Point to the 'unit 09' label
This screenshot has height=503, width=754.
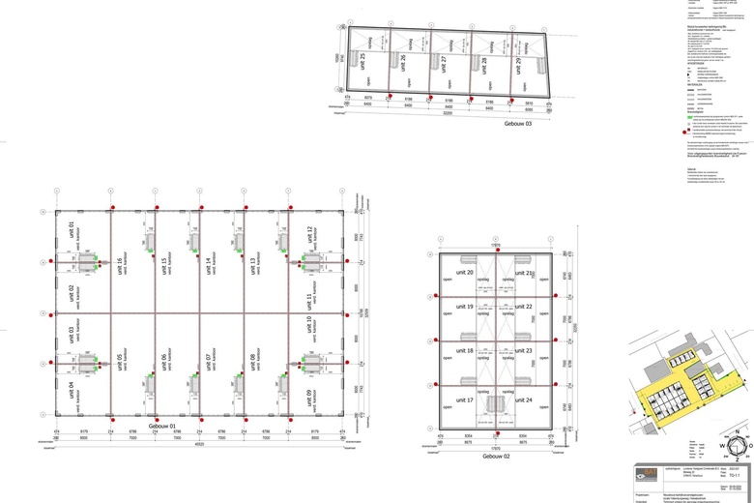(310, 397)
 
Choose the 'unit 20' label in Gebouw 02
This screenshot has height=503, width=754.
(464, 274)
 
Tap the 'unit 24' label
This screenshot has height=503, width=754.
(523, 399)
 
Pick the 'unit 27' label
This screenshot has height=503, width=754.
(443, 65)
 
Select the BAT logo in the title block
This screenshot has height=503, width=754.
(647, 473)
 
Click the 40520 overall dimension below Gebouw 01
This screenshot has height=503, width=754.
(198, 445)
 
